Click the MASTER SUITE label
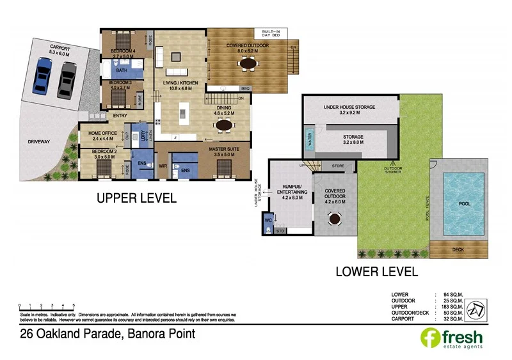coord(224,152)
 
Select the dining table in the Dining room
coord(224,126)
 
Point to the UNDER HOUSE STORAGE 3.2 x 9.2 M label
coord(349,109)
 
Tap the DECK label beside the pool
coord(458,250)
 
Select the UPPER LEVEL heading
coord(136,198)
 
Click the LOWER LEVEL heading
coord(376,271)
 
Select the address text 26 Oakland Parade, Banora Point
coord(108,334)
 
